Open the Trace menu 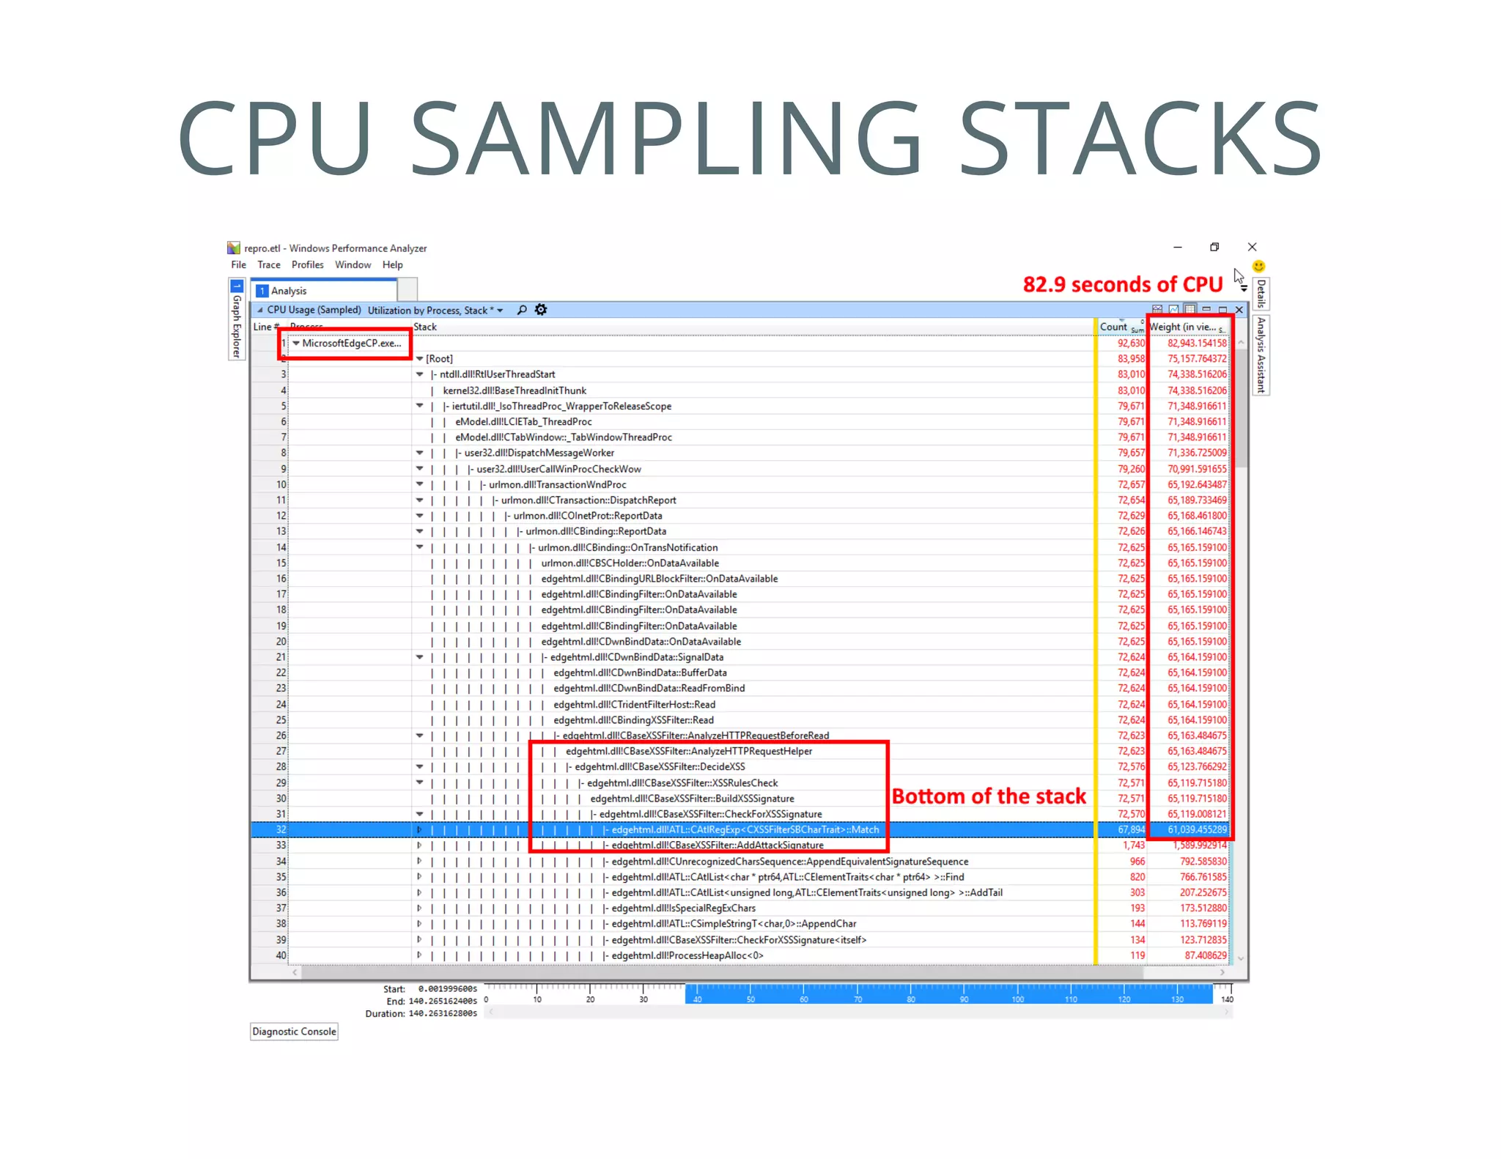coord(268,264)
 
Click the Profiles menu coord(307,264)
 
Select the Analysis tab coord(288,291)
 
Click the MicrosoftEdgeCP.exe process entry coord(350,343)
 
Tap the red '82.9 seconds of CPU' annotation coord(1122,284)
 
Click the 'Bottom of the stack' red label coord(988,796)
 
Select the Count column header coord(1113,327)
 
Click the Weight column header coord(1182,327)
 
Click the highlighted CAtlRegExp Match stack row coord(745,829)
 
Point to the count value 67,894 coord(1131,829)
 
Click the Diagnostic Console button coord(294,1032)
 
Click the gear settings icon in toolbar coord(541,310)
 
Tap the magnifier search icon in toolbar coord(522,310)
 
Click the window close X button coord(1252,247)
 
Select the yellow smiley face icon coord(1258,266)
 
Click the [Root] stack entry coord(439,358)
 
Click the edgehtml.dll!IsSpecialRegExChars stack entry coord(683,908)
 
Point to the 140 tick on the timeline coord(1227,999)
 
